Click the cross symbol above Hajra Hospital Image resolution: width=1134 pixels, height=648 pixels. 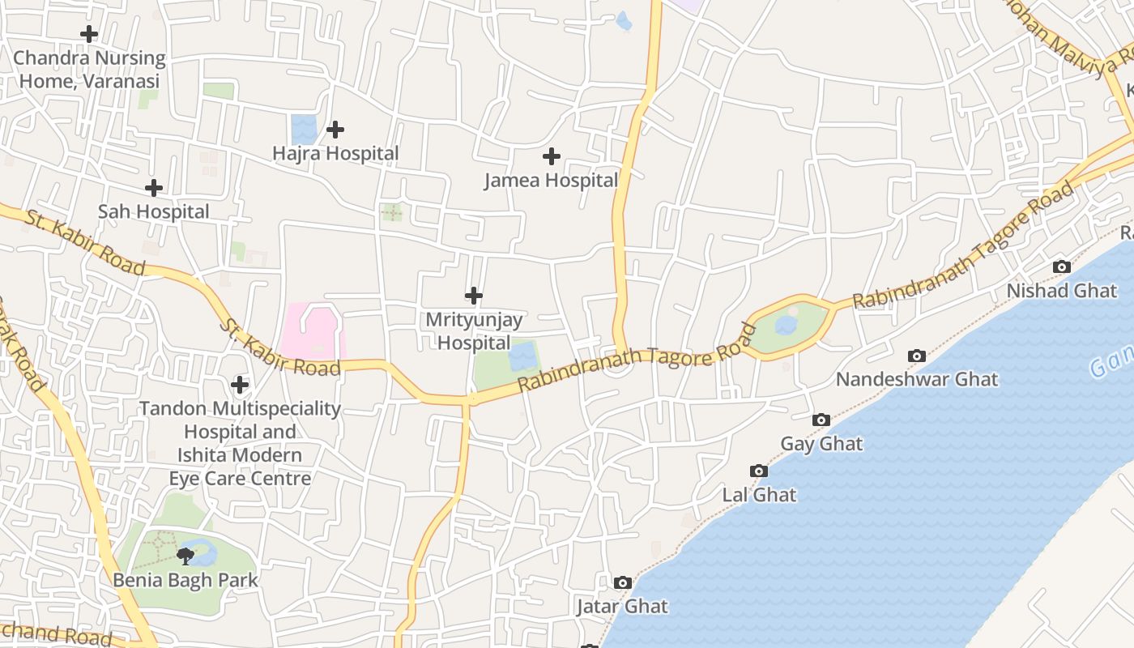tap(335, 130)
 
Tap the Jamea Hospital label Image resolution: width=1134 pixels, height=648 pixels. tap(551, 180)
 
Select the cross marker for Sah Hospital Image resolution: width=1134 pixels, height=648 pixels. tap(153, 188)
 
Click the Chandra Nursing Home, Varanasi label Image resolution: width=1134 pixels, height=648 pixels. tap(89, 70)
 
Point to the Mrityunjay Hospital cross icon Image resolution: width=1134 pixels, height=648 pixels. tap(474, 296)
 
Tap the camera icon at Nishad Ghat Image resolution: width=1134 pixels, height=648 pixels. tap(1061, 266)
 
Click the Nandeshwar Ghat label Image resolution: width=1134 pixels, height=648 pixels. tap(917, 379)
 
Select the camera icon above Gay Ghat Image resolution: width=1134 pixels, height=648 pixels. tap(821, 420)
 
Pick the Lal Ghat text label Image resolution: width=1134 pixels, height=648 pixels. tap(759, 494)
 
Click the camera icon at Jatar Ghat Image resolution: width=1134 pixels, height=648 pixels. tap(622, 582)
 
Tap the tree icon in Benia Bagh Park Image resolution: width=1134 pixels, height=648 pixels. tap(185, 556)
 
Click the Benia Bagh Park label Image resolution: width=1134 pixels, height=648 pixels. tap(185, 580)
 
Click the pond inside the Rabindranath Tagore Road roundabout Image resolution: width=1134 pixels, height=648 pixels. tap(785, 326)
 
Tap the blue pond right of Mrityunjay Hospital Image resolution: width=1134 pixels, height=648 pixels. tap(522, 356)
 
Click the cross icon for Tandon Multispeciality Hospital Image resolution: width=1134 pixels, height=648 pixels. tap(240, 384)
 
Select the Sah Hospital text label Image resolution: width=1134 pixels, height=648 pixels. tap(153, 211)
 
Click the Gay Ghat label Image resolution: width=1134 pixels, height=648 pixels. tap(821, 444)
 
